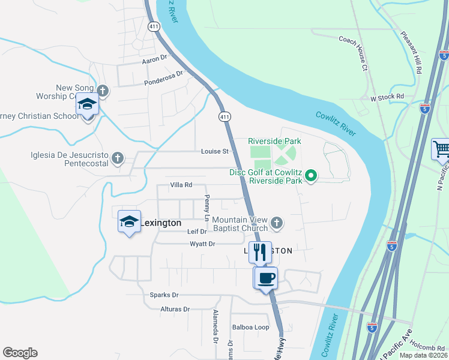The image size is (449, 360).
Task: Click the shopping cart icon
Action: [441, 148]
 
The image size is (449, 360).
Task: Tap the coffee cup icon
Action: [266, 278]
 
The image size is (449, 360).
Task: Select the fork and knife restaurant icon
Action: [260, 252]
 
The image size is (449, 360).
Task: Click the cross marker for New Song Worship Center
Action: [103, 91]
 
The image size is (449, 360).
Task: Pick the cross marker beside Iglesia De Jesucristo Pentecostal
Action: [117, 158]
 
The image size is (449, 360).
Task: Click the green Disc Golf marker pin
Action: [310, 176]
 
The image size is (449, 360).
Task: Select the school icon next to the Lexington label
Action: [129, 221]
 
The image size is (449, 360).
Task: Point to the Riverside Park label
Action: [274, 141]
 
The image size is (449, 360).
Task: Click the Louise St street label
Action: [215, 151]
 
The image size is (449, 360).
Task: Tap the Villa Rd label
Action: [181, 185]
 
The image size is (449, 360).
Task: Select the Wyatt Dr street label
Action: [202, 244]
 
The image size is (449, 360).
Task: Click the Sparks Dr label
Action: [164, 295]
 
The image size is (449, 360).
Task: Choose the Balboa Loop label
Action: [250, 328]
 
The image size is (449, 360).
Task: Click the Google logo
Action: [20, 353]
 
